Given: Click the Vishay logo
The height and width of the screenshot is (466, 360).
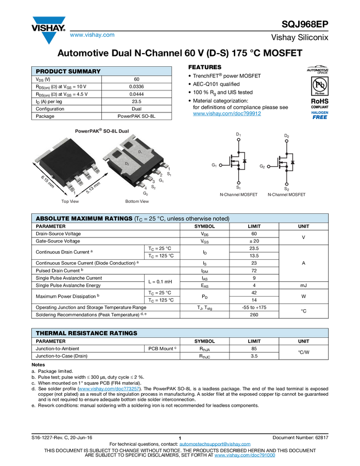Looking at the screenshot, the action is pyautogui.click(x=49, y=30).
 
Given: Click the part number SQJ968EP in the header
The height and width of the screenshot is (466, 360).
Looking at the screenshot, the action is pyautogui.click(x=305, y=24).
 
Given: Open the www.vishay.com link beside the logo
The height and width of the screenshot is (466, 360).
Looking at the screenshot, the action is pyautogui.click(x=92, y=35).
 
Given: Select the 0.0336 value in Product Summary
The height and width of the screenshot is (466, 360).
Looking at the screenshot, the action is pyautogui.click(x=136, y=87).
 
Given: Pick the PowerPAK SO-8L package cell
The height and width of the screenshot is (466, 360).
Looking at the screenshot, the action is pyautogui.click(x=136, y=116).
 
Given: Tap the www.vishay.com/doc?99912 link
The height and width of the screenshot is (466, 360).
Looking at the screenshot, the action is pyautogui.click(x=227, y=113).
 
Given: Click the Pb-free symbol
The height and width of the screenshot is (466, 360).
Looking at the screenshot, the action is pyautogui.click(x=319, y=86).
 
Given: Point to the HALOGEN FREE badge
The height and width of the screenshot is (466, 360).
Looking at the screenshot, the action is pyautogui.click(x=319, y=115).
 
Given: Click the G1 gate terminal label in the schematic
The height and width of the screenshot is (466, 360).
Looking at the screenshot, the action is pyautogui.click(x=214, y=165).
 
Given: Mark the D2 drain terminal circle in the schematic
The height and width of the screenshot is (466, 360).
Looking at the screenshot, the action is pyautogui.click(x=287, y=141).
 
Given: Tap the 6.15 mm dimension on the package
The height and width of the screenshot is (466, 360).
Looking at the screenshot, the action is pyautogui.click(x=48, y=181).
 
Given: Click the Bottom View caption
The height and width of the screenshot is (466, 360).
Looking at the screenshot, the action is pyautogui.click(x=137, y=201).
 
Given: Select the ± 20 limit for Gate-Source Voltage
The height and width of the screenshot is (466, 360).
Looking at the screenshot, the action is pyautogui.click(x=254, y=241).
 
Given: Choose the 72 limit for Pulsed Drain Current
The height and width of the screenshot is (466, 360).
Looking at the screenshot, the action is pyautogui.click(x=254, y=270).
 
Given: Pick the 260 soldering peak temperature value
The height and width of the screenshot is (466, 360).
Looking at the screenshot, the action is pyautogui.click(x=254, y=315).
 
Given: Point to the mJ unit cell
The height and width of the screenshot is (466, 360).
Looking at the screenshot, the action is pyautogui.click(x=303, y=285).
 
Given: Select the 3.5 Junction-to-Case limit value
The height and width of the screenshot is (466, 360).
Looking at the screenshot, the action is pyautogui.click(x=254, y=356).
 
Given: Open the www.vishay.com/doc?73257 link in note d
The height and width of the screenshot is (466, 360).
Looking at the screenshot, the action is pyautogui.click(x=109, y=389).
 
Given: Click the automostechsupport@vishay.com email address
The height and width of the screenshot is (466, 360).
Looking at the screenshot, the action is pyautogui.click(x=215, y=444).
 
